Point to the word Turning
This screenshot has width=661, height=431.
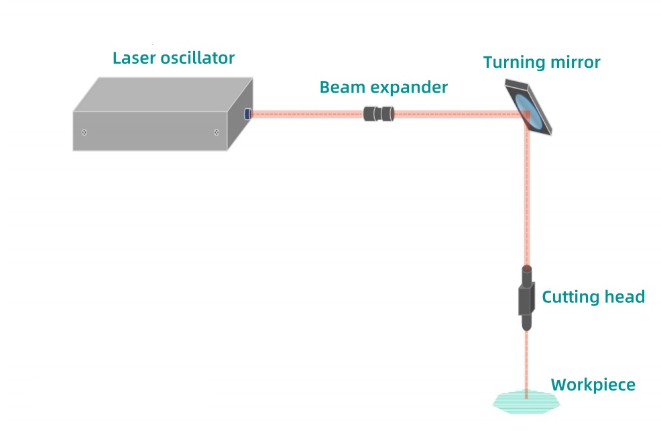tap(514, 62)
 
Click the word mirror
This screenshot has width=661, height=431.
tap(575, 62)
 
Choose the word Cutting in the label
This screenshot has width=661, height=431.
tap(568, 297)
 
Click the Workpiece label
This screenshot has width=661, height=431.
tap(593, 385)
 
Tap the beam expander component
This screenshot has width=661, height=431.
tap(379, 113)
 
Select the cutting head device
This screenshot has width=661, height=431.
tap(527, 298)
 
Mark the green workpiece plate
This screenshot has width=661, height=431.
tap(526, 401)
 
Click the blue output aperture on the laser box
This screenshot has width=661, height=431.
tap(247, 113)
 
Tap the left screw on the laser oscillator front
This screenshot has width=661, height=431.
tap(84, 132)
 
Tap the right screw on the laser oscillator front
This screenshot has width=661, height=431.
tap(217, 132)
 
